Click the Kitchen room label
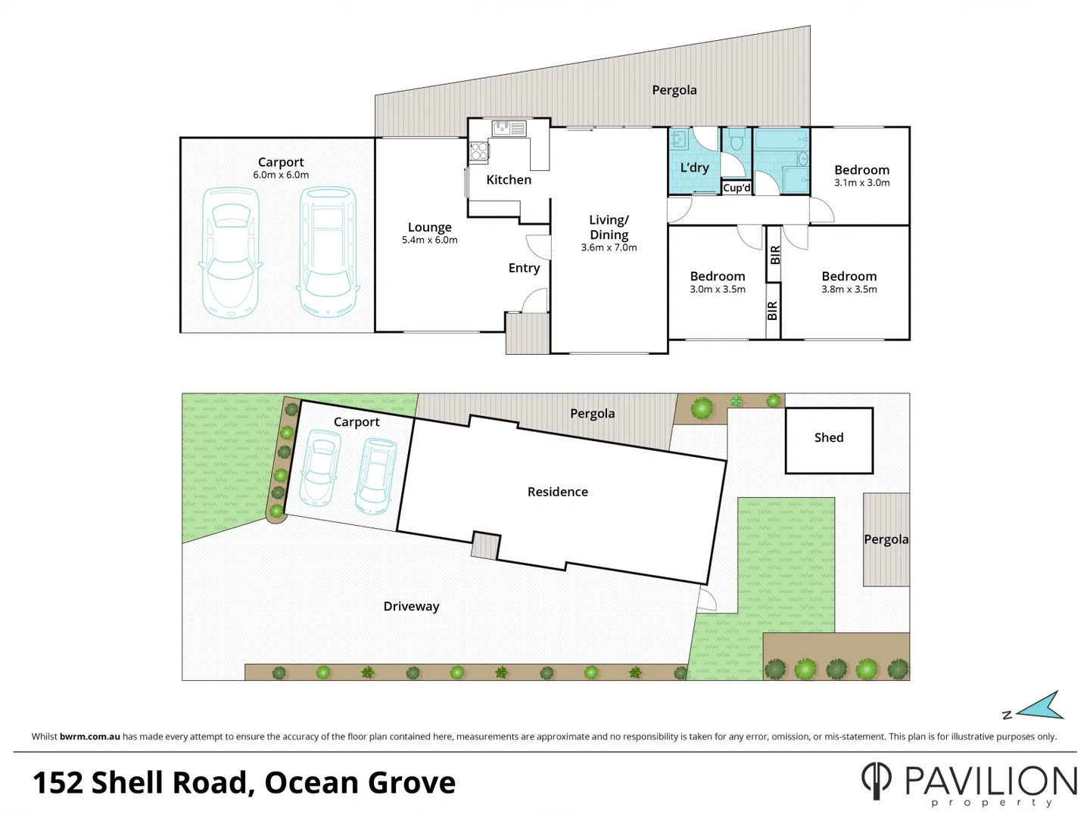(509, 180)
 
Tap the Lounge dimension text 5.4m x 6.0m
(429, 241)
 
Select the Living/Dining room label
(609, 227)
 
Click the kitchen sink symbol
(509, 129)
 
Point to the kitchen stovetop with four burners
(478, 152)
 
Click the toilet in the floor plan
(736, 140)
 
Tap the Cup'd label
(737, 188)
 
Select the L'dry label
(694, 168)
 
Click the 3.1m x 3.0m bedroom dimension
(861, 183)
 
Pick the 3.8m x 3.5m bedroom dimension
(849, 290)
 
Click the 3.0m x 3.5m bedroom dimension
(717, 290)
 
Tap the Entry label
(524, 268)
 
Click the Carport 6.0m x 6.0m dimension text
(281, 176)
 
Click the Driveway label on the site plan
(411, 607)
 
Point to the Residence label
(557, 492)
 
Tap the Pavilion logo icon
(877, 780)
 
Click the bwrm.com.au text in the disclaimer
(89, 737)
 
